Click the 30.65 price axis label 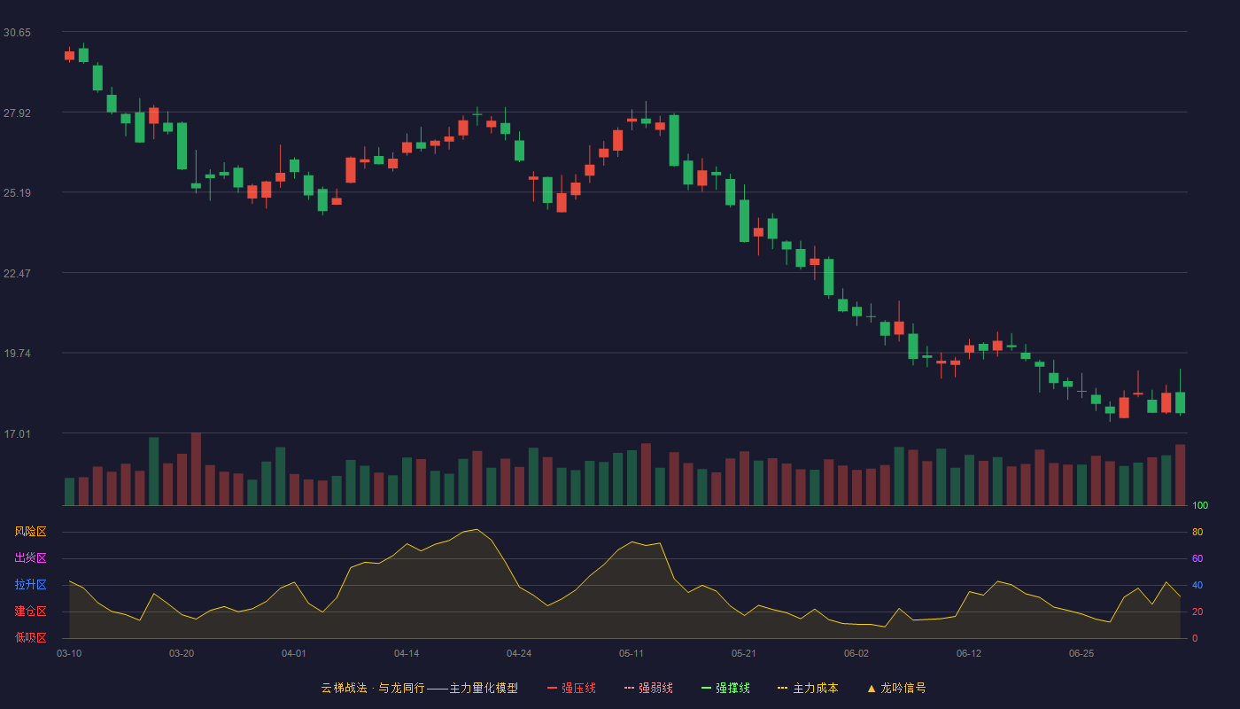click(x=17, y=33)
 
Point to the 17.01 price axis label click(x=17, y=433)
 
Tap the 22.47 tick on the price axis click(x=17, y=274)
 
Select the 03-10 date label click(x=69, y=654)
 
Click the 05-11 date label click(x=632, y=654)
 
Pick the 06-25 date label click(x=1081, y=654)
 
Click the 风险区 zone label click(x=30, y=532)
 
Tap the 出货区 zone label click(x=30, y=557)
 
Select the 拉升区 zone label click(x=30, y=584)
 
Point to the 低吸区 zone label click(x=30, y=637)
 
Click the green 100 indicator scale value click(x=1200, y=505)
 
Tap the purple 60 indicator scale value click(x=1197, y=558)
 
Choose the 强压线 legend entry click(x=571, y=688)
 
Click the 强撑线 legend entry click(x=725, y=688)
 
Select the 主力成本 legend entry click(x=808, y=688)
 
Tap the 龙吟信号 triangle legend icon click(x=872, y=689)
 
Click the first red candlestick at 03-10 click(x=69, y=55)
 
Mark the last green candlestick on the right click(x=1180, y=402)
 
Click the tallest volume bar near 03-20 click(x=196, y=469)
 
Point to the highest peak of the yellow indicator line click(x=477, y=530)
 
